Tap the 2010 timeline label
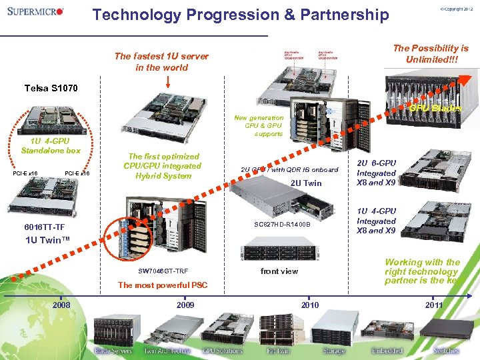310,305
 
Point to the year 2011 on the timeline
433,305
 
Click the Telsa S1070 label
51,88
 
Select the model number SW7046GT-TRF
163,271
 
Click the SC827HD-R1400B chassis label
282,224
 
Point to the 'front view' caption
279,271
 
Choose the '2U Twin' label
306,183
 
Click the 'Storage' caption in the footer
334,351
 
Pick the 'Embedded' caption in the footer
387,351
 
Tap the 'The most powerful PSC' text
163,285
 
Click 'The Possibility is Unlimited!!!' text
431,53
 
